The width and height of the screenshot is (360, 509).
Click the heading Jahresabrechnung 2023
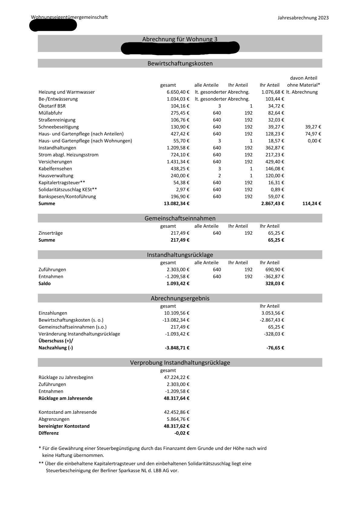303,18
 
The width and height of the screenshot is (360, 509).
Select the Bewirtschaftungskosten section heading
180,64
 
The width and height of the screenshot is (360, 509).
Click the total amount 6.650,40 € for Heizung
178,92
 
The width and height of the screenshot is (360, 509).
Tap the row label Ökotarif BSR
52,106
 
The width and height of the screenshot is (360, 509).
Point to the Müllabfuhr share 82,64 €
274,113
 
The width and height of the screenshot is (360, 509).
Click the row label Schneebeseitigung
59,127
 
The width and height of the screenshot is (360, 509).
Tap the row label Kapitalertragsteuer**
62,182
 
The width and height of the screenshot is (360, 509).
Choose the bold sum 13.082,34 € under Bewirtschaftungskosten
177,204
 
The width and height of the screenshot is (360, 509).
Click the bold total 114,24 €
312,204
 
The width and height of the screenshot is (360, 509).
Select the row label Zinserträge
51,233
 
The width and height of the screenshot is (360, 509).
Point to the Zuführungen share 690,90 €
273,269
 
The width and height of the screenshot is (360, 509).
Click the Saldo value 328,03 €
275,283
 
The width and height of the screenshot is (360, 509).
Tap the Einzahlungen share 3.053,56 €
273,313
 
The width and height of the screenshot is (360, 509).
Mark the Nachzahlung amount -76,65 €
275,348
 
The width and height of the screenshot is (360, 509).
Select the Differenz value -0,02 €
182,433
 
